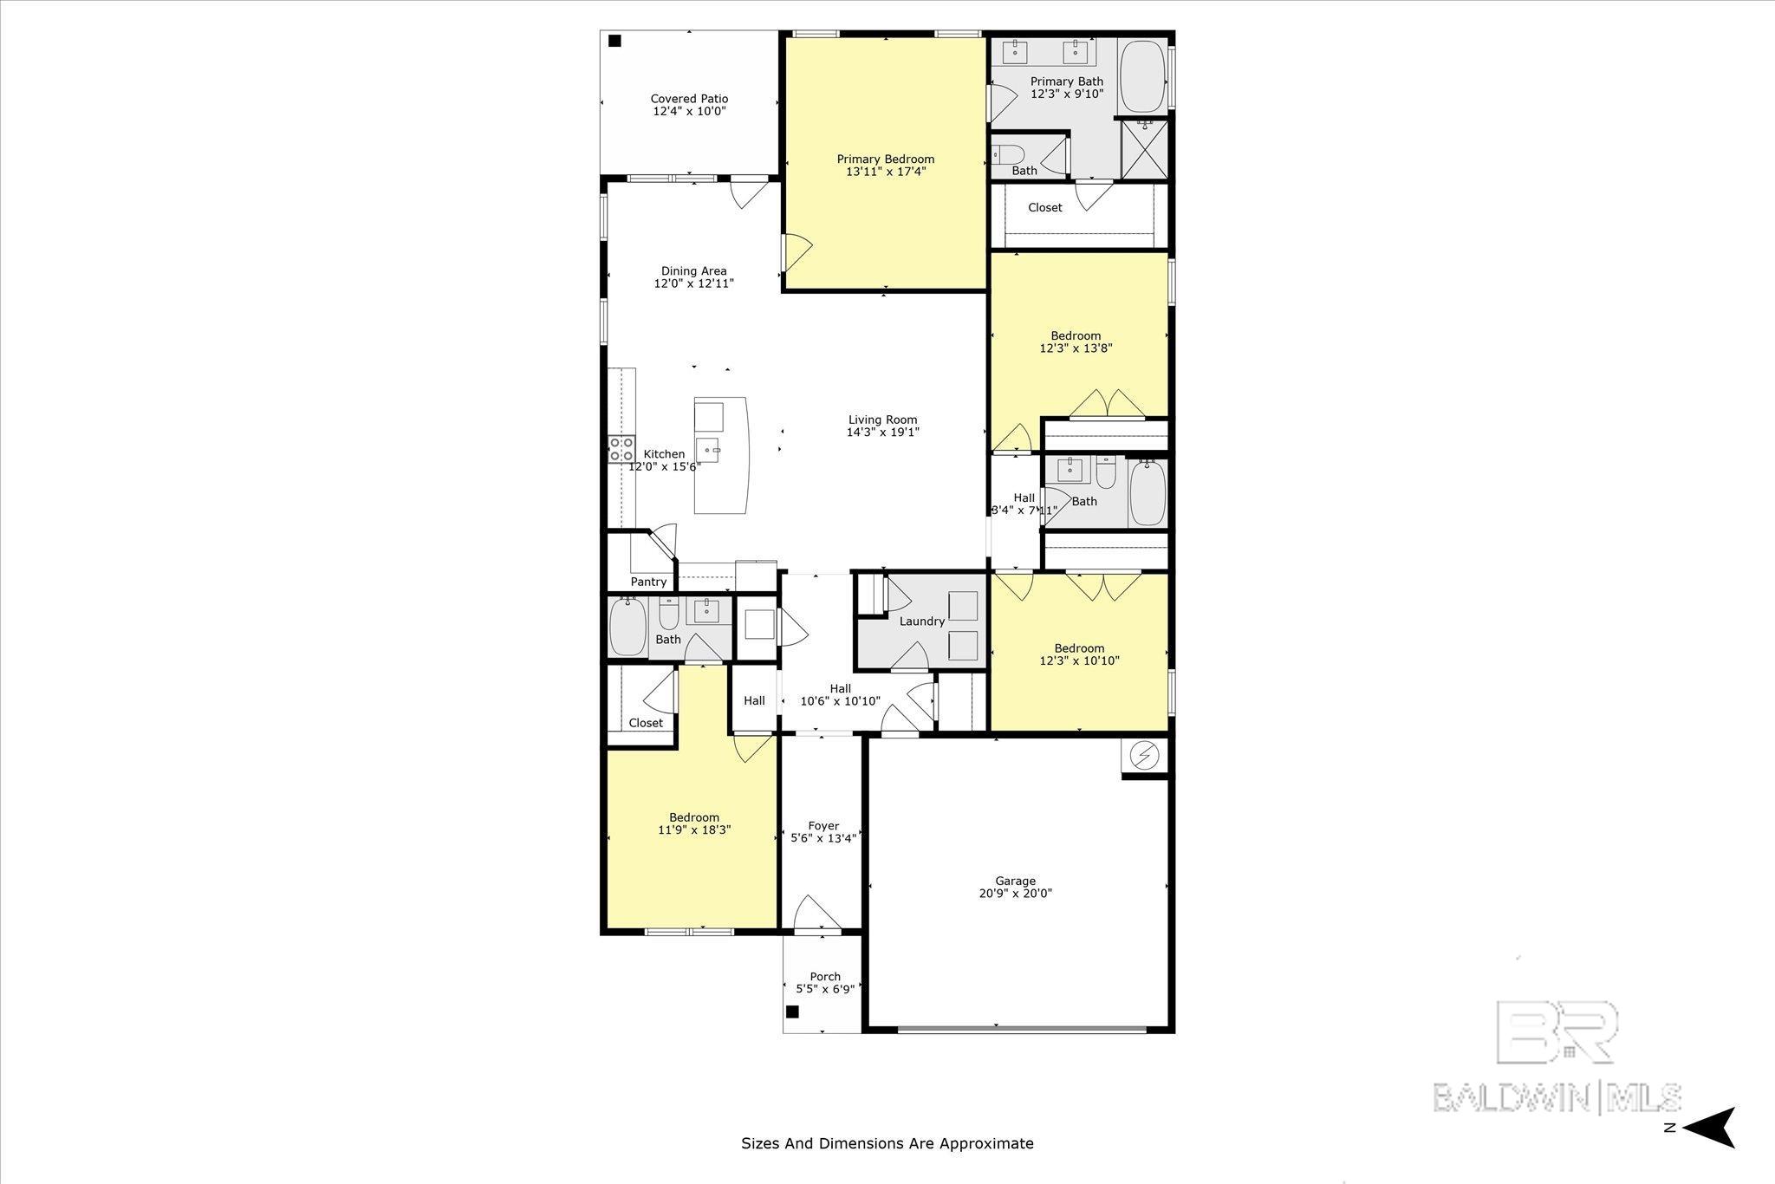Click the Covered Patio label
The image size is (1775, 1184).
(x=689, y=99)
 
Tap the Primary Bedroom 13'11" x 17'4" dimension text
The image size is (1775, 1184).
(x=885, y=172)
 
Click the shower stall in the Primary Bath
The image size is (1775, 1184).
(x=1144, y=149)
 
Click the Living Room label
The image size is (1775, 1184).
(x=882, y=420)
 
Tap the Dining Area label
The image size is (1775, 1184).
(x=693, y=270)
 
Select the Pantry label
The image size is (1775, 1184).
(x=648, y=582)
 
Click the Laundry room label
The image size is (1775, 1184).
(x=921, y=621)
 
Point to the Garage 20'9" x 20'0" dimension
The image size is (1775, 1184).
(x=1014, y=894)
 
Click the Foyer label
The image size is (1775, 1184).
(x=823, y=826)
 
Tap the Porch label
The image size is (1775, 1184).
(x=825, y=976)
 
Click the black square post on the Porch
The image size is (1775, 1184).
(x=792, y=1011)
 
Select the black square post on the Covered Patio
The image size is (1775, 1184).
(x=614, y=41)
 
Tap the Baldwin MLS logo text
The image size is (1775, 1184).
(x=1557, y=1096)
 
